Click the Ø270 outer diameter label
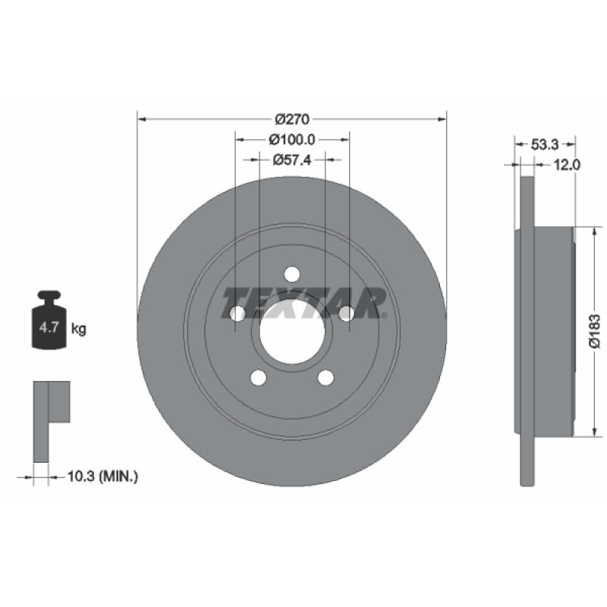(x=292, y=119)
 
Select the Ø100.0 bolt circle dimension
(x=292, y=140)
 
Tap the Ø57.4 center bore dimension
(x=292, y=159)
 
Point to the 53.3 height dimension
(x=544, y=144)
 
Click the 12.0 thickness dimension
(x=567, y=165)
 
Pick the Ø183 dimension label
(x=595, y=331)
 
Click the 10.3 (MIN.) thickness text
(x=102, y=476)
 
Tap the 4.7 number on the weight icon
(x=49, y=328)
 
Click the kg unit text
(x=79, y=329)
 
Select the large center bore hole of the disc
(x=292, y=332)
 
